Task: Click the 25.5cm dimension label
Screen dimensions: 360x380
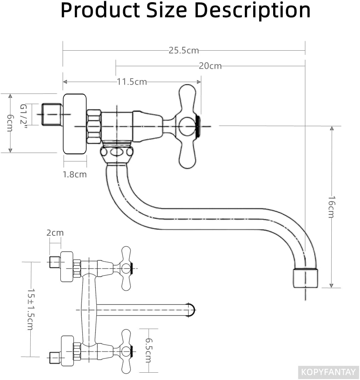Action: pos(184,50)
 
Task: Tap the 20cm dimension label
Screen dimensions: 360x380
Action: pos(210,66)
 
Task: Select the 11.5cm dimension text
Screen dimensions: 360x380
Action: pos(132,82)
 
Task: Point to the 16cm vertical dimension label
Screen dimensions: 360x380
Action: pos(331,207)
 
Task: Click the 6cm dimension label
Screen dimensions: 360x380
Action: pos(10,123)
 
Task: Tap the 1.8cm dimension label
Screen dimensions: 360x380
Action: pos(75,175)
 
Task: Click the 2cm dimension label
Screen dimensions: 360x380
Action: pos(55,233)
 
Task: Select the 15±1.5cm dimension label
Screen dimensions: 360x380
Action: pos(31,309)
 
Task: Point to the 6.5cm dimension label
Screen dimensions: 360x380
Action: pos(149,350)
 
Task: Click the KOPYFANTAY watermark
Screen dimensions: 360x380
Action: pos(328,372)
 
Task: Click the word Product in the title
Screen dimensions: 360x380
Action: pos(100,11)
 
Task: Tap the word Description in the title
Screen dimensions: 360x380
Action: pos(253,11)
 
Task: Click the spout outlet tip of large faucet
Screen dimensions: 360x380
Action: pos(305,278)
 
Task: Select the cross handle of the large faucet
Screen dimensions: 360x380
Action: pos(187,126)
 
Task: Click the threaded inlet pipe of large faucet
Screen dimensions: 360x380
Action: pos(52,115)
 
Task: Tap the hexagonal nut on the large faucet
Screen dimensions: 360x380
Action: pos(94,126)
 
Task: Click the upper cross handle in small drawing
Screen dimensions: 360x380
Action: pos(126,269)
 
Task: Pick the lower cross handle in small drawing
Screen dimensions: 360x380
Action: pos(126,351)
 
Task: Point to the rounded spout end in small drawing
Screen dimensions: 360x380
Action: pos(191,310)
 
